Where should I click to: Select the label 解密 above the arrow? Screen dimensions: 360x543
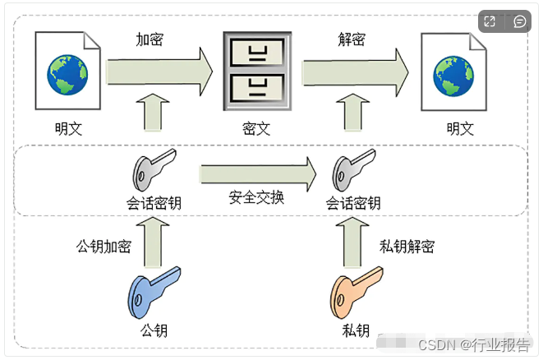click(352, 39)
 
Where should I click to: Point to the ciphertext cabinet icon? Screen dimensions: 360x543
click(256, 72)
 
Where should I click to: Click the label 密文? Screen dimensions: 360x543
click(256, 129)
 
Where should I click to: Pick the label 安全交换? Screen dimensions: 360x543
click(256, 197)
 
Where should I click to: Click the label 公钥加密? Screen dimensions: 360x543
click(104, 246)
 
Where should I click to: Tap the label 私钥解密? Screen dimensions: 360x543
click(407, 246)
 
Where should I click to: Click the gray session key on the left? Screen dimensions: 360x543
click(153, 170)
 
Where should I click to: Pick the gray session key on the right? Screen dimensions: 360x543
click(352, 170)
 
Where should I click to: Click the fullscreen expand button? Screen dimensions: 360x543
click(490, 21)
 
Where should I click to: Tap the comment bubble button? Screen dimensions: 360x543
click(519, 21)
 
